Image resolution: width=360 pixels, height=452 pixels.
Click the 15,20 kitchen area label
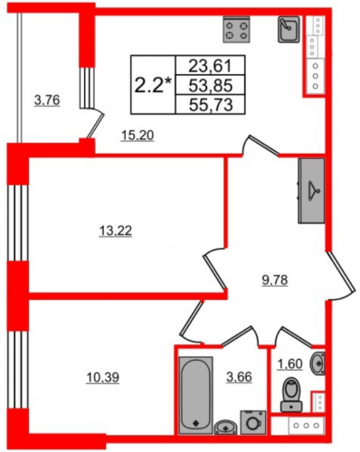[137, 136]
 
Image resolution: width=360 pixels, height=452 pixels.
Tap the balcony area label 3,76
[47, 100]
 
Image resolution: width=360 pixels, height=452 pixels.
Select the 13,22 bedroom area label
[116, 231]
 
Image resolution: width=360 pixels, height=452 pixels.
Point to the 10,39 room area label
[103, 377]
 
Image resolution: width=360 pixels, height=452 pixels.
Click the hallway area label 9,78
[275, 280]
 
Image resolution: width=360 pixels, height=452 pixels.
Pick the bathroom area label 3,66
[239, 377]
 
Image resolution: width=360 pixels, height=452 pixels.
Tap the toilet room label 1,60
[289, 364]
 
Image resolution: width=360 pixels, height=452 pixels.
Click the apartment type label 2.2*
[153, 85]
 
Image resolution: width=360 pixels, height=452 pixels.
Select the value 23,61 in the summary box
[210, 66]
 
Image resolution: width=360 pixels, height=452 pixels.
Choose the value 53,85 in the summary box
[210, 85]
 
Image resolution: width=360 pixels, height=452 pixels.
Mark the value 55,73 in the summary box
[210, 105]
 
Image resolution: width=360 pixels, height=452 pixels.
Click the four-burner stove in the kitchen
[237, 29]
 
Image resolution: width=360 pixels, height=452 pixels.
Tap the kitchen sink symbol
[289, 29]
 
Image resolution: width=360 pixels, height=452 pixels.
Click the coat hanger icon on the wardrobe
[314, 191]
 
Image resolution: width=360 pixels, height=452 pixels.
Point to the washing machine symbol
[253, 422]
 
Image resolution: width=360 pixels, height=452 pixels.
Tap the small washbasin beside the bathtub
[226, 427]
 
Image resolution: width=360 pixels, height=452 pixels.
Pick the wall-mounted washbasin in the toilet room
[318, 363]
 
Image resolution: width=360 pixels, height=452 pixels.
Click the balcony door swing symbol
[96, 124]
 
